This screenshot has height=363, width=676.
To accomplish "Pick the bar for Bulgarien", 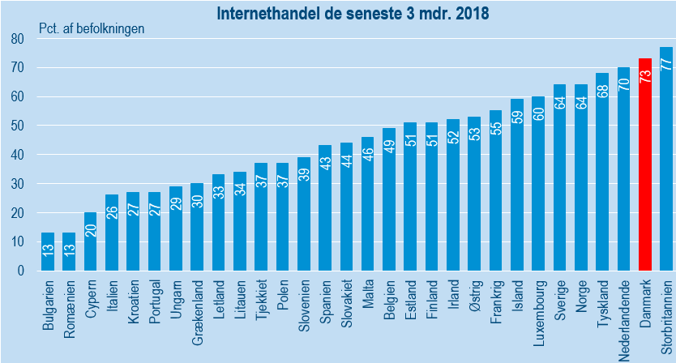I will (48, 252).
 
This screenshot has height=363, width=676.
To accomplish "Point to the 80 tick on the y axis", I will (16, 39).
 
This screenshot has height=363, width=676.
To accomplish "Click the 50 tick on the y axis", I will (16, 126).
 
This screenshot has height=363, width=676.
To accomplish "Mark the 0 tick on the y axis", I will (19, 271).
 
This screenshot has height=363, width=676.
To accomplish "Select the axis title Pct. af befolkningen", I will (92, 28).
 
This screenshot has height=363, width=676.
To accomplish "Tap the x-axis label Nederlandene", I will (624, 315).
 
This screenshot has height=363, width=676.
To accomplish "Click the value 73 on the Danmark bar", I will (645, 75).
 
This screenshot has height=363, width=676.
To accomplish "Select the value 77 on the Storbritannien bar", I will (666, 64).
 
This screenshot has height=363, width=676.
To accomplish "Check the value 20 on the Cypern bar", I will (91, 228).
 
